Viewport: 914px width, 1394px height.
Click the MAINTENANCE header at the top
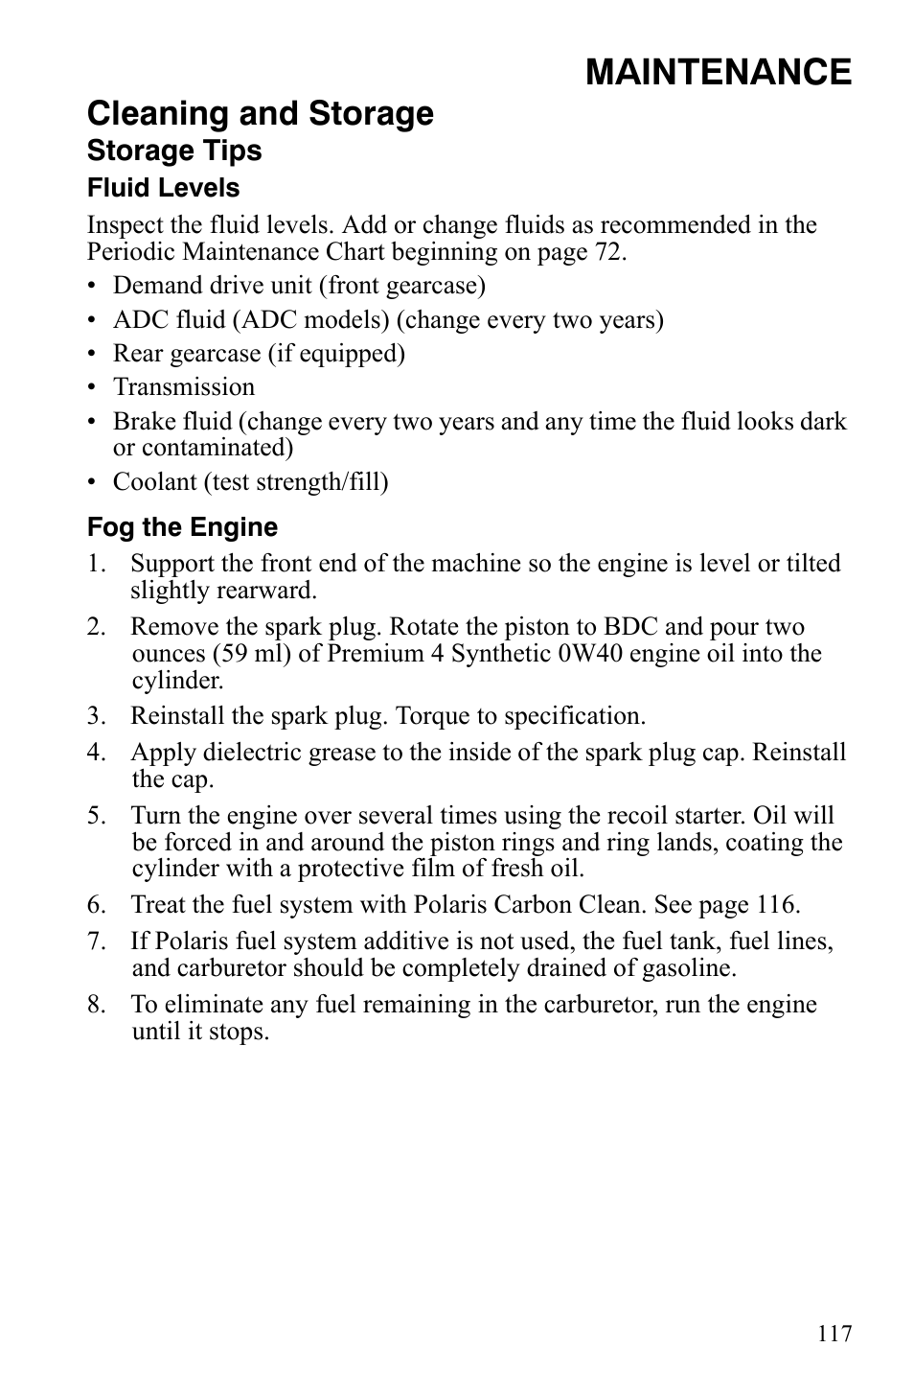pyautogui.click(x=718, y=72)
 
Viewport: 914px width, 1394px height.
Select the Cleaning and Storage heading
pyautogui.click(x=260, y=114)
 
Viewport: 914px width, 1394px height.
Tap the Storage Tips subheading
pyautogui.click(x=174, y=151)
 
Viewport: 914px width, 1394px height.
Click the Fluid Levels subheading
pyautogui.click(x=163, y=188)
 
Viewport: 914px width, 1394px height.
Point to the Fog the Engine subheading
pyautogui.click(x=182, y=527)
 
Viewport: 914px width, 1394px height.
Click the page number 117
pyautogui.click(x=834, y=1334)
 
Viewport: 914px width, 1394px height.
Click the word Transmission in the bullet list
pyautogui.click(x=184, y=387)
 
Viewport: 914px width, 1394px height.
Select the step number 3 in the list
pyautogui.click(x=94, y=716)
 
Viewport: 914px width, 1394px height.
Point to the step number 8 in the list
pyautogui.click(x=94, y=1005)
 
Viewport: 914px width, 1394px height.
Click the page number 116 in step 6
pyautogui.click(x=773, y=904)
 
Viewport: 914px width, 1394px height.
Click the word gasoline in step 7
pyautogui.click(x=686, y=967)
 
